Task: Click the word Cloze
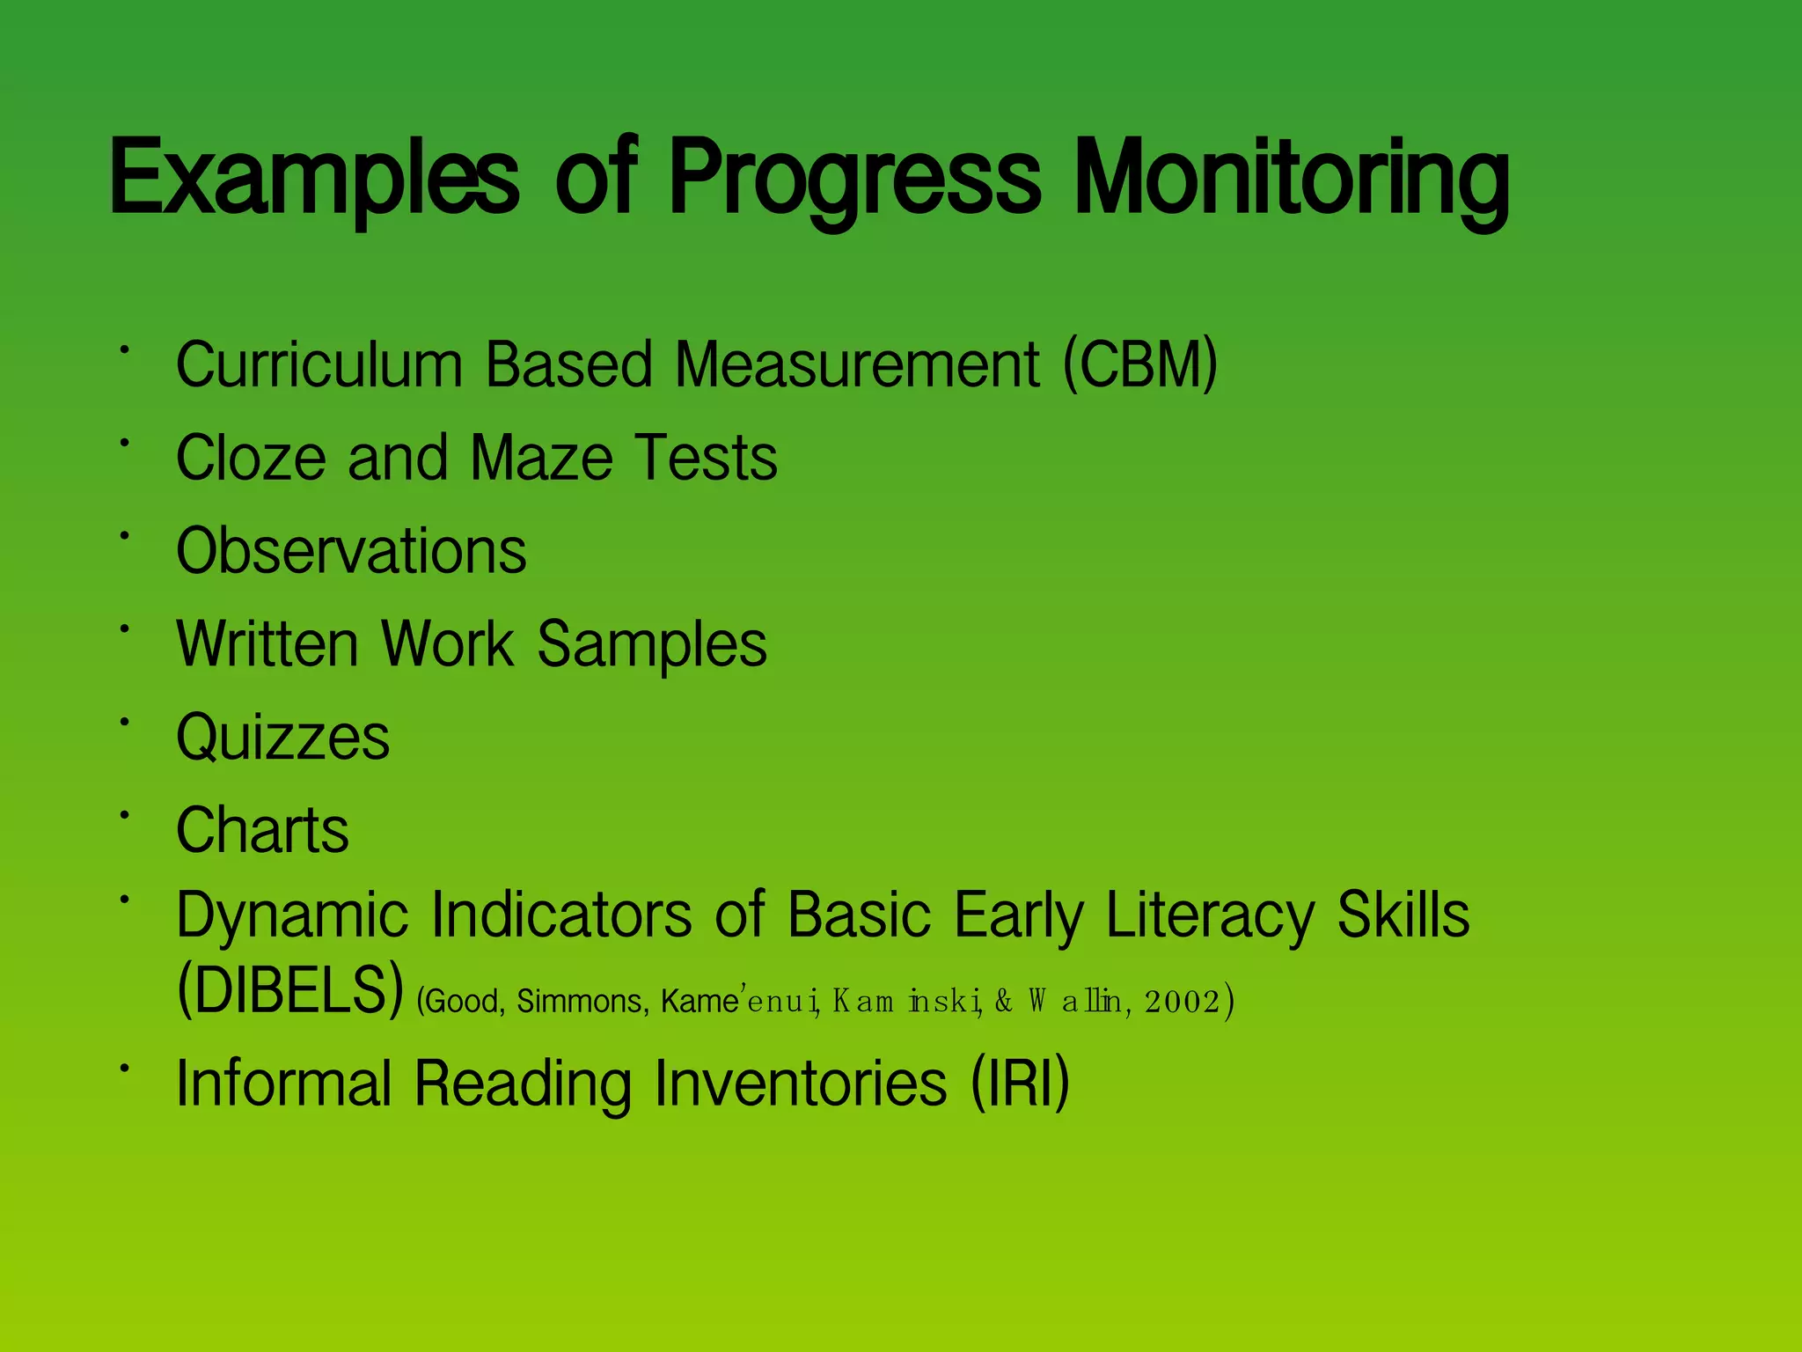pyautogui.click(x=251, y=459)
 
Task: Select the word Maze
pyautogui.click(x=541, y=459)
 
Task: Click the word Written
pyautogui.click(x=267, y=644)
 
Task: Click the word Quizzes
pyautogui.click(x=282, y=738)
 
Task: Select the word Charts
pyautogui.click(x=262, y=830)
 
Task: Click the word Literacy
pyautogui.click(x=1209, y=916)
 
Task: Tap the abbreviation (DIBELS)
pyautogui.click(x=290, y=991)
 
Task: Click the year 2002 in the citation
pyautogui.click(x=1182, y=1002)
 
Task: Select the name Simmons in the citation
pyautogui.click(x=582, y=1002)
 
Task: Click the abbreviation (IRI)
pyautogui.click(x=1020, y=1084)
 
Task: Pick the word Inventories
pyautogui.click(x=801, y=1084)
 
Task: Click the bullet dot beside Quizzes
pyautogui.click(x=126, y=722)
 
